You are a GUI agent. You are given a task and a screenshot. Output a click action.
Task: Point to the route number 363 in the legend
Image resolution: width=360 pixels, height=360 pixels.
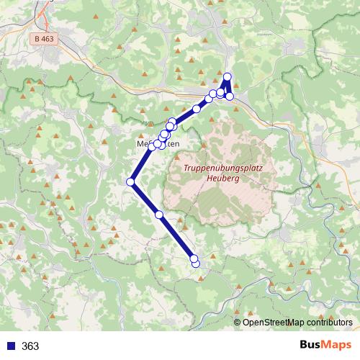pyautogui.click(x=30, y=346)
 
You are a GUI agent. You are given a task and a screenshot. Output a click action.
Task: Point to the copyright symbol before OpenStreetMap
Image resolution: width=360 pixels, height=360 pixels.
pyautogui.click(x=238, y=322)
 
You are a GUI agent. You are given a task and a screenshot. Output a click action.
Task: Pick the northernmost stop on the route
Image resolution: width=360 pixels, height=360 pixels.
pyautogui.click(x=228, y=77)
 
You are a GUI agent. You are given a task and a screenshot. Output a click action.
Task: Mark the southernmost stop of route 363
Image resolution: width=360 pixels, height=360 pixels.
pyautogui.click(x=196, y=264)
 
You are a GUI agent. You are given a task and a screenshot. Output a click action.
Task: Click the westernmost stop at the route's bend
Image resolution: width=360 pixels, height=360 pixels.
pyautogui.click(x=131, y=182)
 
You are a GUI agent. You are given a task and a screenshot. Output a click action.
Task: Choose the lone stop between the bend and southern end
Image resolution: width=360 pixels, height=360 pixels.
pyautogui.click(x=159, y=215)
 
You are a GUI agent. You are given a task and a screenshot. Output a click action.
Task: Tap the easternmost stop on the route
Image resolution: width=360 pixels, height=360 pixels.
pyautogui.click(x=230, y=96)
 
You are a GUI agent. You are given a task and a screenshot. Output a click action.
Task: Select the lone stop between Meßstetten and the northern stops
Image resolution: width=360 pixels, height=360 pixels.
pyautogui.click(x=196, y=109)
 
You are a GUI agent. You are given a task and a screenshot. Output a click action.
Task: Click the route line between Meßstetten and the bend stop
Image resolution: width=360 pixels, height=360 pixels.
pyautogui.click(x=143, y=163)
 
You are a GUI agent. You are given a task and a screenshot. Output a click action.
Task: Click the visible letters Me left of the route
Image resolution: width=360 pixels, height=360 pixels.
pyautogui.click(x=142, y=144)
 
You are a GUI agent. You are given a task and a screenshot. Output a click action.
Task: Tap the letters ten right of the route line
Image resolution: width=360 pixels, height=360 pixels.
pyautogui.click(x=172, y=144)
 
